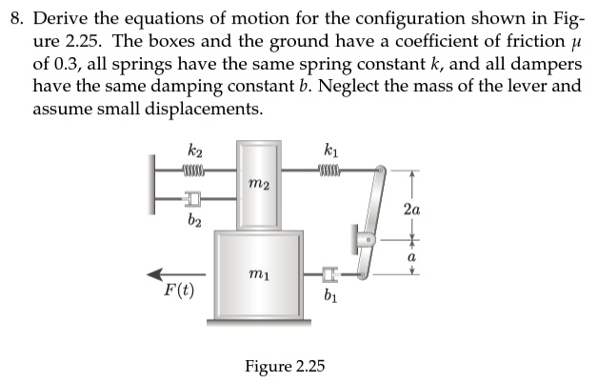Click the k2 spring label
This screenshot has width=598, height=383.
coord(194,151)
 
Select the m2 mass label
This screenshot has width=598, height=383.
coord(257,182)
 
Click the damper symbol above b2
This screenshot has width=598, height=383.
coord(193,200)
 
